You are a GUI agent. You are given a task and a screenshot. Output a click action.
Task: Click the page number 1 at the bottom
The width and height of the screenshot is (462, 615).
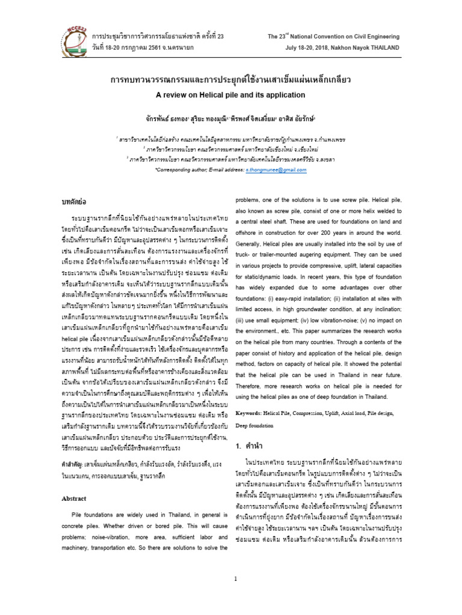click(237, 578)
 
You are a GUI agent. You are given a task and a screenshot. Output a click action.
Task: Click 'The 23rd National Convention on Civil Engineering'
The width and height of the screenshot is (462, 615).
click(333, 36)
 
